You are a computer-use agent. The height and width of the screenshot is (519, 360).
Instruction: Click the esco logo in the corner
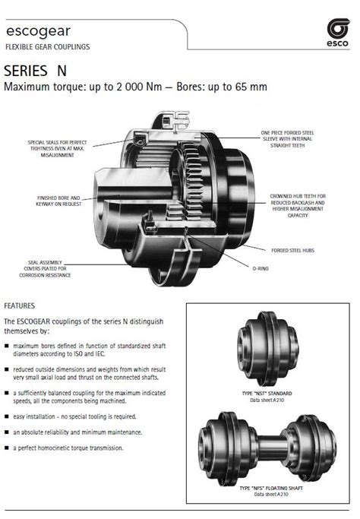[337, 33]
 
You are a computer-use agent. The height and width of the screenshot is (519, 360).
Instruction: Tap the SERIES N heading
[35, 71]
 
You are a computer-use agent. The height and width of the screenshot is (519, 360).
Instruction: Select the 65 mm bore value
[251, 87]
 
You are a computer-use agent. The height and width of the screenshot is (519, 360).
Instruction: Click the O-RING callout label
[261, 268]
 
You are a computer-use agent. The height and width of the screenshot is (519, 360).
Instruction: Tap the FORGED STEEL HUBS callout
[292, 250]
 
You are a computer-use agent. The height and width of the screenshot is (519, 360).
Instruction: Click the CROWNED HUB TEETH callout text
[297, 205]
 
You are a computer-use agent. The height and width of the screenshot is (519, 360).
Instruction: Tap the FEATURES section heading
[20, 305]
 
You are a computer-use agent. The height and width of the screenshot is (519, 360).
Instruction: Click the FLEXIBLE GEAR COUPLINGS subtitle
[48, 47]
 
